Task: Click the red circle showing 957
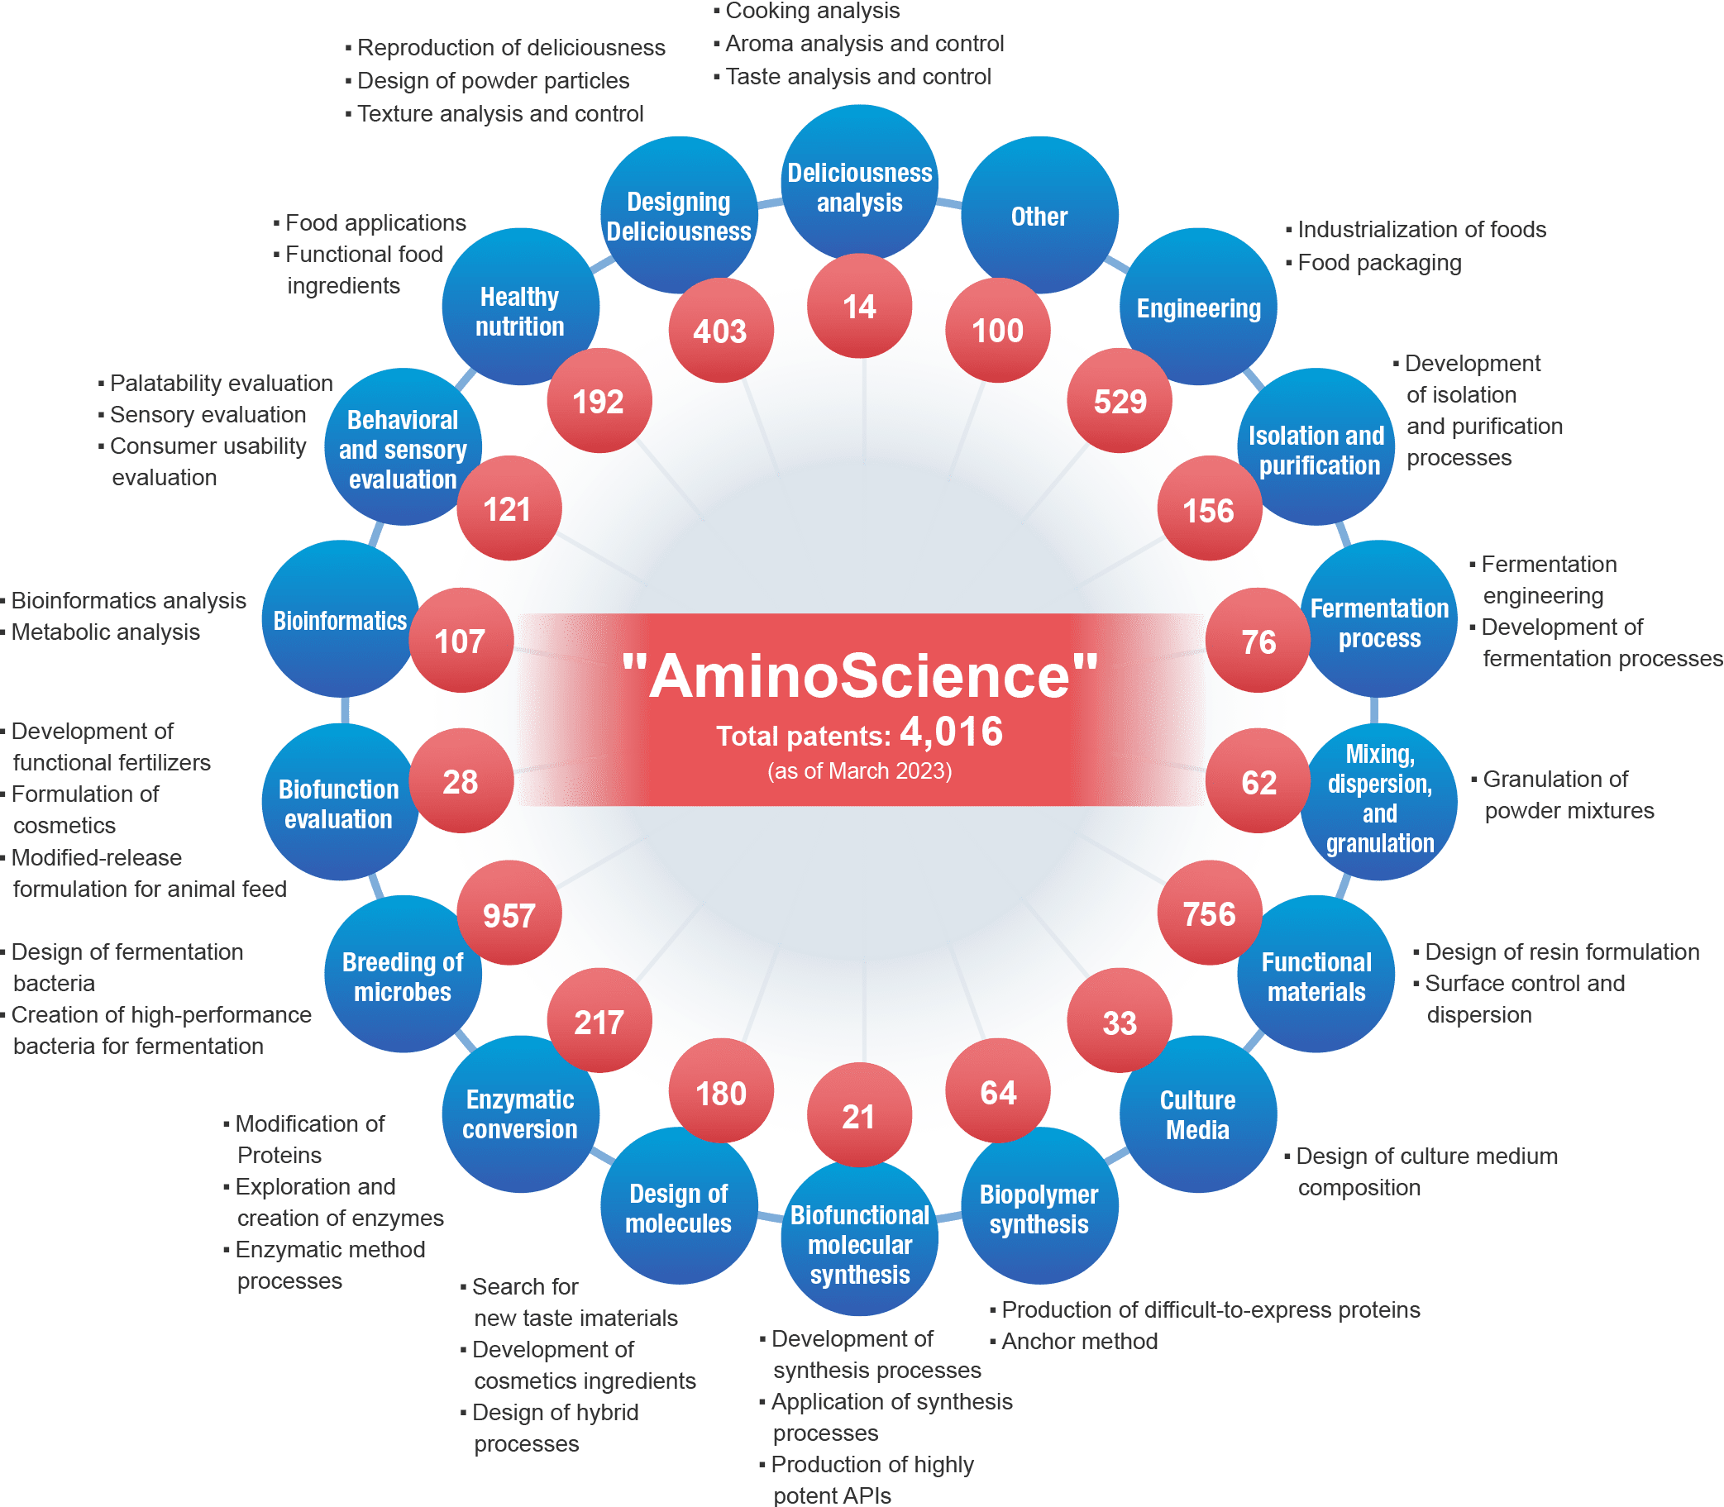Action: [x=509, y=914]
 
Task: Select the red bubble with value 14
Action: [x=859, y=307]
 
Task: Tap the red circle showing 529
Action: [x=1120, y=401]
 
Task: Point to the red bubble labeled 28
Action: [x=461, y=782]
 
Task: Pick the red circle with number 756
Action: [x=1210, y=914]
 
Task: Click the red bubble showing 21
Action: [x=858, y=1117]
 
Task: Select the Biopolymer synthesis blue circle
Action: [x=1039, y=1209]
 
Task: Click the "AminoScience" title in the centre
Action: [x=859, y=676]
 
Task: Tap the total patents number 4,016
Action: [x=951, y=732]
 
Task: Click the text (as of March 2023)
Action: [x=859, y=771]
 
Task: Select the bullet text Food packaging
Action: [x=1379, y=263]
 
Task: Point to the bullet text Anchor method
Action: [x=1079, y=1342]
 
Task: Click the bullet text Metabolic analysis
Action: [x=105, y=632]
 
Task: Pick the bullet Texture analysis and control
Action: [x=499, y=113]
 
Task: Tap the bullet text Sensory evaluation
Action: [x=208, y=415]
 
